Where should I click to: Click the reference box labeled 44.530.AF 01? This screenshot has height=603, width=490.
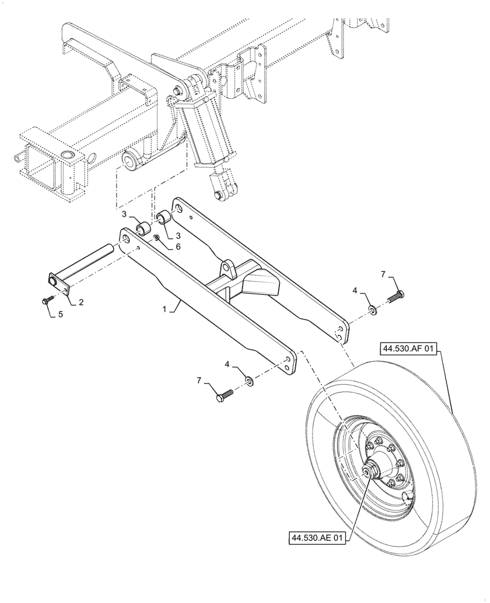click(407, 349)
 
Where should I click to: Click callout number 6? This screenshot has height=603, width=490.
click(177, 247)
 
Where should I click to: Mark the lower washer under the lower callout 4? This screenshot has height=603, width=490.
click(249, 382)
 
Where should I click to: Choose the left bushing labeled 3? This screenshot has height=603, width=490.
click(142, 229)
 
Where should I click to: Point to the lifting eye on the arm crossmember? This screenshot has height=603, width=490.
click(227, 267)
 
